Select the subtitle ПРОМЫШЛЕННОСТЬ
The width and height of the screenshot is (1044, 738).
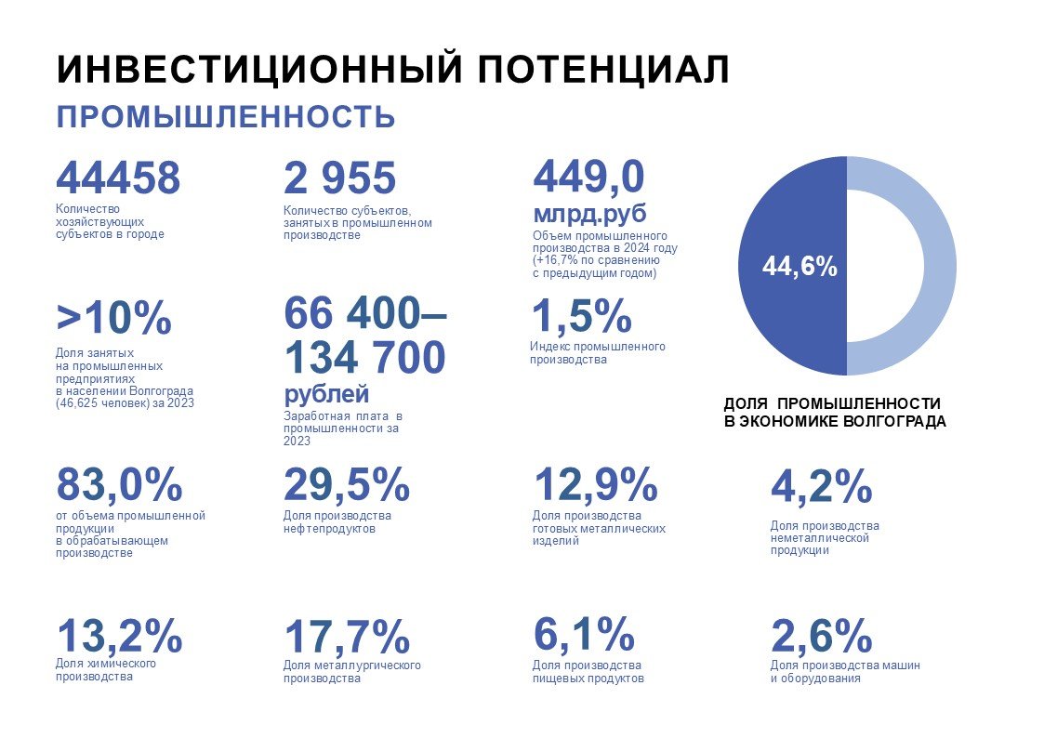(x=226, y=118)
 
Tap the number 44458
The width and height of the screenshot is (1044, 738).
(x=118, y=178)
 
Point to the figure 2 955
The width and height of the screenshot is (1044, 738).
(x=339, y=178)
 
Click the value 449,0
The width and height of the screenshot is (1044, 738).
(x=588, y=176)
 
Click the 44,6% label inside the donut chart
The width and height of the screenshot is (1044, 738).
(x=800, y=268)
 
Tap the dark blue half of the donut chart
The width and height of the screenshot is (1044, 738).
(x=762, y=316)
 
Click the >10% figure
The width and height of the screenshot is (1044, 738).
(x=114, y=319)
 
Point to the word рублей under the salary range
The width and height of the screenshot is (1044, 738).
(x=326, y=394)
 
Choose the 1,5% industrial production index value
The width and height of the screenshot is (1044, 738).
(x=581, y=317)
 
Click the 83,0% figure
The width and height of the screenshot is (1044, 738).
(x=120, y=484)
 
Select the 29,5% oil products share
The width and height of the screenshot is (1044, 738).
(x=346, y=484)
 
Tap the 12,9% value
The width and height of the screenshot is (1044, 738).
(x=595, y=484)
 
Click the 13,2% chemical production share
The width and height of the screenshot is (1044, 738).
(x=120, y=636)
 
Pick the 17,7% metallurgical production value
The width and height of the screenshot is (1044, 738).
(x=346, y=637)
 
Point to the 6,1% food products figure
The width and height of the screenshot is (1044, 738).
(x=584, y=634)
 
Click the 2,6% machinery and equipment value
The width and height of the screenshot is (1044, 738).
(x=821, y=637)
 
